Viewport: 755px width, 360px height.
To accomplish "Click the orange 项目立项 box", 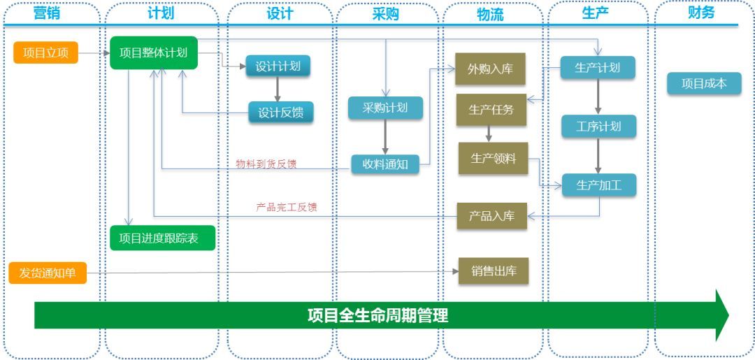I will tap(46, 52).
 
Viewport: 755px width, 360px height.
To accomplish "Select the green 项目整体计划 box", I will tap(154, 52).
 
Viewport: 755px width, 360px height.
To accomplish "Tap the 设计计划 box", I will tap(278, 66).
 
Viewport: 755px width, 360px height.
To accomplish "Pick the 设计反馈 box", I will tap(281, 112).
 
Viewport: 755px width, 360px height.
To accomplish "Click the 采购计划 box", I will tap(385, 108).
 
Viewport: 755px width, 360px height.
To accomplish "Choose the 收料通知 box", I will tap(384, 164).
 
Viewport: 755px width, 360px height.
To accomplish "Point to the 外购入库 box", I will tap(490, 69).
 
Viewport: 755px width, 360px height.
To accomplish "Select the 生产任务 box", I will tap(491, 110).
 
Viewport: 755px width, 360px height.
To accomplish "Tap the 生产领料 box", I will tap(493, 159).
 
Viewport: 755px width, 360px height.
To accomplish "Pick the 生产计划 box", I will tap(597, 69).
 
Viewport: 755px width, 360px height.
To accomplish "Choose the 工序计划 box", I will tap(598, 127).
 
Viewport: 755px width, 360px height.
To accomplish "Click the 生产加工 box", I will tap(599, 185).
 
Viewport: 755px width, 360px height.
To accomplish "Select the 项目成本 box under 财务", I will tap(704, 84).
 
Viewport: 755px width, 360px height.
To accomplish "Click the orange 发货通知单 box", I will tap(48, 273).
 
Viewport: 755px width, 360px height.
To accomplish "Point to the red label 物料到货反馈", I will tap(266, 164).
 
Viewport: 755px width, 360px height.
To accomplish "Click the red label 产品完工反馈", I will tap(287, 207).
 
